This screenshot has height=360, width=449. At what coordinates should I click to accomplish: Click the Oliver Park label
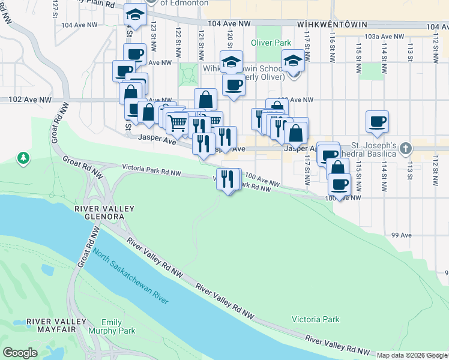tap(270, 43)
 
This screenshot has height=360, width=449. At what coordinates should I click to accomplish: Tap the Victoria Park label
tap(315, 319)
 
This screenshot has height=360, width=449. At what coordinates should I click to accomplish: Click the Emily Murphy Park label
tap(111, 326)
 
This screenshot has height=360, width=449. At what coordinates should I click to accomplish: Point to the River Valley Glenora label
tap(95, 212)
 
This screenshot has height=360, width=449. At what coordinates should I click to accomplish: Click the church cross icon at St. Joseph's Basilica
tap(406, 147)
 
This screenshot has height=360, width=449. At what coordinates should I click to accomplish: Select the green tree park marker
tap(23, 158)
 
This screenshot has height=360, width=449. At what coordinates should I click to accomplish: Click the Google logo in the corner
tap(20, 353)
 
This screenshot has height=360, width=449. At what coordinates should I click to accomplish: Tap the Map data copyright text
tap(411, 355)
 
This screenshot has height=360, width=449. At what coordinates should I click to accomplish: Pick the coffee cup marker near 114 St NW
tap(378, 121)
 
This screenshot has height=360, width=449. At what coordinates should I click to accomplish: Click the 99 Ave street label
tap(399, 236)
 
